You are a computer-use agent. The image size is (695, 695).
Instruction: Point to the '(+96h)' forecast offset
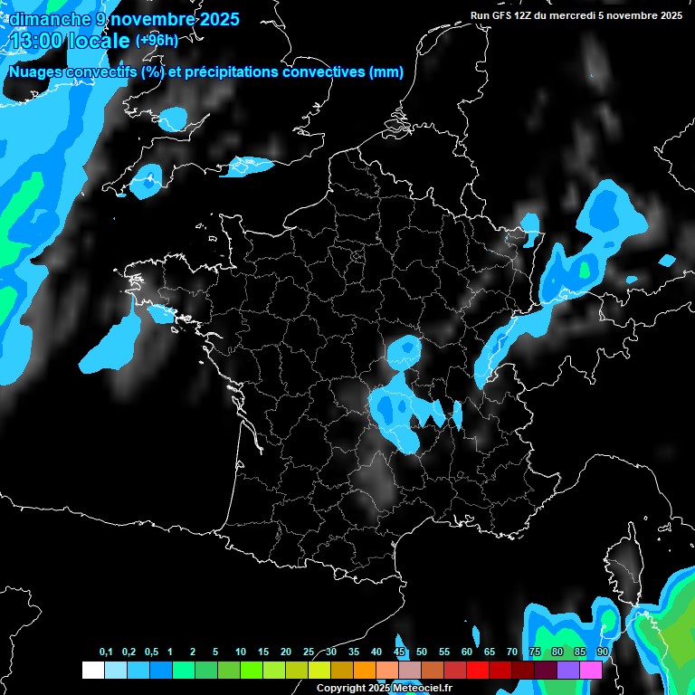[157, 41]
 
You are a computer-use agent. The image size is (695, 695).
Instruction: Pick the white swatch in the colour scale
[92, 671]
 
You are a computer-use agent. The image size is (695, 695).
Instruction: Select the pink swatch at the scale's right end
[591, 671]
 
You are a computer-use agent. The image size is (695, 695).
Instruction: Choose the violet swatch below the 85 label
[568, 671]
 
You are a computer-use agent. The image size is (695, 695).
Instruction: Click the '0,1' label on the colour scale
[106, 652]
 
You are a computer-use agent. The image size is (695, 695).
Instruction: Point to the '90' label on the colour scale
[602, 652]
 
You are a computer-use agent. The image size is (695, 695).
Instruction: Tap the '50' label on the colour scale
[422, 652]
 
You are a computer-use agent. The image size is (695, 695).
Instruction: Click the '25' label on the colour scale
[309, 652]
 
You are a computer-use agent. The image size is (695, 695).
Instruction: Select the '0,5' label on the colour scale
[151, 652]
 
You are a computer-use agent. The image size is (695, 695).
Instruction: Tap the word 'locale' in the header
[100, 41]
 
